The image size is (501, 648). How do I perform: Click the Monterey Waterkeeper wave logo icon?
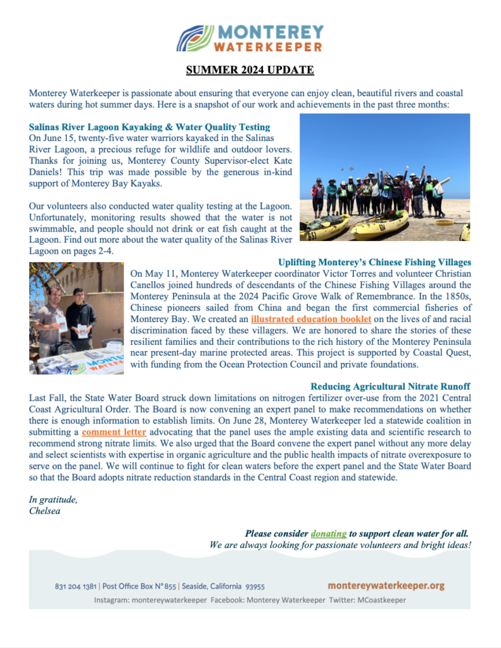(x=194, y=38)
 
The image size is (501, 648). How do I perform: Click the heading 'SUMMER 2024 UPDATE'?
(x=250, y=70)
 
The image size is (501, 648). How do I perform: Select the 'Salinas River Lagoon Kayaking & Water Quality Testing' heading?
(x=149, y=127)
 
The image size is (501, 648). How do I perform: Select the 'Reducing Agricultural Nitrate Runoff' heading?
(x=390, y=386)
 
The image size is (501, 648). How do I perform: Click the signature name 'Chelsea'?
(x=44, y=511)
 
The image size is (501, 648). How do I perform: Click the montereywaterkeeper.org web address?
(x=386, y=586)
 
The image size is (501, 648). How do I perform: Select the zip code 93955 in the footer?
(x=255, y=587)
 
